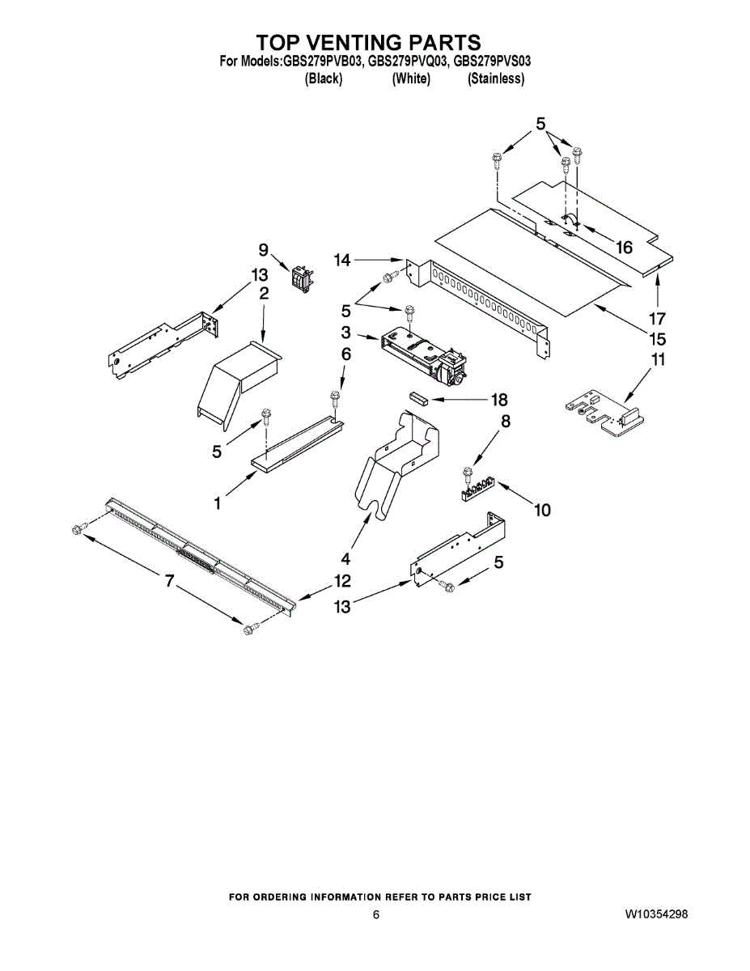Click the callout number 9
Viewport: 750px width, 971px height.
(264, 251)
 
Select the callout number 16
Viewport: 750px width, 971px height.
(624, 248)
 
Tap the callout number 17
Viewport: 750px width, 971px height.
(659, 318)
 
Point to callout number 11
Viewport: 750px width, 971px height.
(659, 360)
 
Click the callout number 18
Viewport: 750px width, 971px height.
(498, 399)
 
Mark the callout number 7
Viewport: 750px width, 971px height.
(169, 580)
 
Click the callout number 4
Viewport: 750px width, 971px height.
(345, 558)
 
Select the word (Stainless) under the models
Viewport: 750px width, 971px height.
(496, 78)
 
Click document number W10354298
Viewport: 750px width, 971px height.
(656, 914)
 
